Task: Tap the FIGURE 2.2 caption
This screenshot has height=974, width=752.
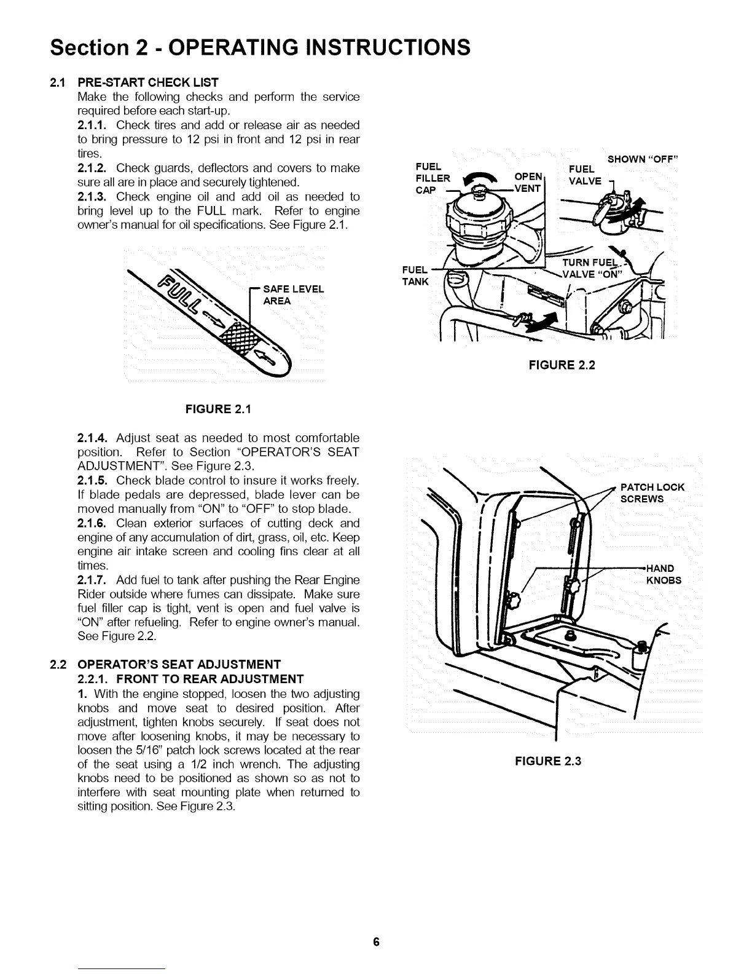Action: (562, 365)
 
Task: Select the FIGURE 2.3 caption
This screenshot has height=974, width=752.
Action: (547, 761)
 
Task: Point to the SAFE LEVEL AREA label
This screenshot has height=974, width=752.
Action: (284, 295)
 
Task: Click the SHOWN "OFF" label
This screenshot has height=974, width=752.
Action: (642, 160)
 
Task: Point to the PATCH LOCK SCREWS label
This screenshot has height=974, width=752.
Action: (652, 493)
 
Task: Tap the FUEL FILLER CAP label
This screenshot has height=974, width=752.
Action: (433, 178)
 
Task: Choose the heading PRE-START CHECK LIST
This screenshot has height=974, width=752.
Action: (148, 82)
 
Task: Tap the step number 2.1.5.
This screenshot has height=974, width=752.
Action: (94, 480)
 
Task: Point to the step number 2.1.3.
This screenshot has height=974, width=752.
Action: (94, 197)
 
